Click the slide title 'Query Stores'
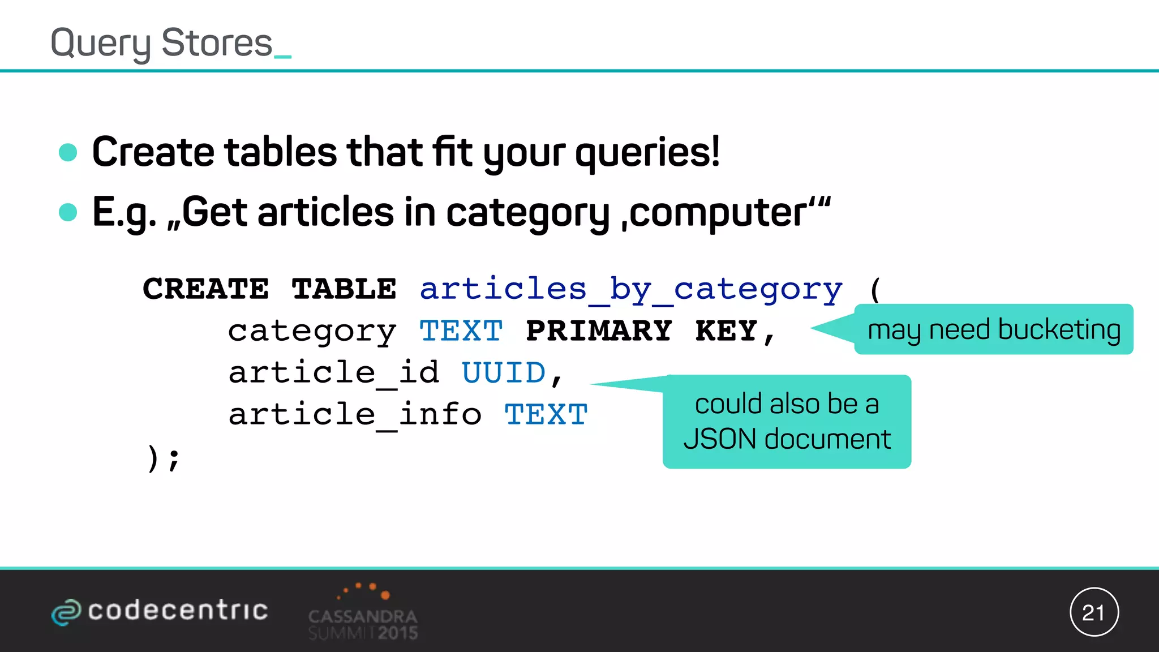[162, 43]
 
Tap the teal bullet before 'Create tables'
[68, 152]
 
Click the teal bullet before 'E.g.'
[68, 212]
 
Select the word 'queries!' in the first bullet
[647, 153]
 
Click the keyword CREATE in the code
[206, 289]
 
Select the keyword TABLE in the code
[344, 289]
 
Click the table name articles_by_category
[631, 290]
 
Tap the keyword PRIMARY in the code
[599, 331]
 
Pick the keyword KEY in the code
[727, 331]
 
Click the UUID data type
[504, 373]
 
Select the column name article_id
[334, 373]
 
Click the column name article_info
[355, 415]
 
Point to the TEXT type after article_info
[546, 415]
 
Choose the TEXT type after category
[461, 331]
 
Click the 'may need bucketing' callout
[994, 329]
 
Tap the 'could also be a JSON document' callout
[787, 422]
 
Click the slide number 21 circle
[1094, 612]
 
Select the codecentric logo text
[178, 611]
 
